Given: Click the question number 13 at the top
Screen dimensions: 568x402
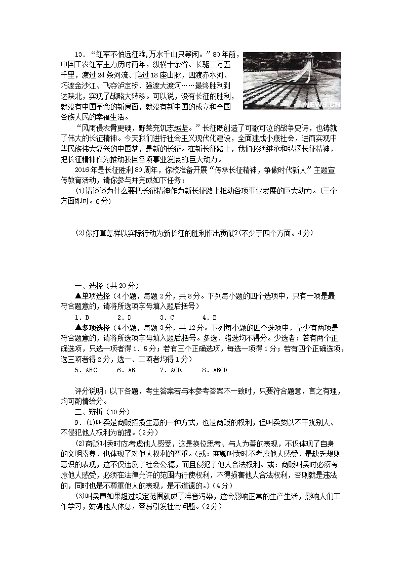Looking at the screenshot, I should point(78,55).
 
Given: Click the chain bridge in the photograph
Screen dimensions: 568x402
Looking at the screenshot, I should point(289,83).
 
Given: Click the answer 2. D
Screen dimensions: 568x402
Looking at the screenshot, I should point(124,318).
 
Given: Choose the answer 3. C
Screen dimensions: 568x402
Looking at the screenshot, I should point(167,318).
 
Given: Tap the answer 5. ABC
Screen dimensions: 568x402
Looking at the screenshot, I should point(85,370).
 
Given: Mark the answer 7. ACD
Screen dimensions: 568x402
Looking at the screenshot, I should point(171,370).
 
